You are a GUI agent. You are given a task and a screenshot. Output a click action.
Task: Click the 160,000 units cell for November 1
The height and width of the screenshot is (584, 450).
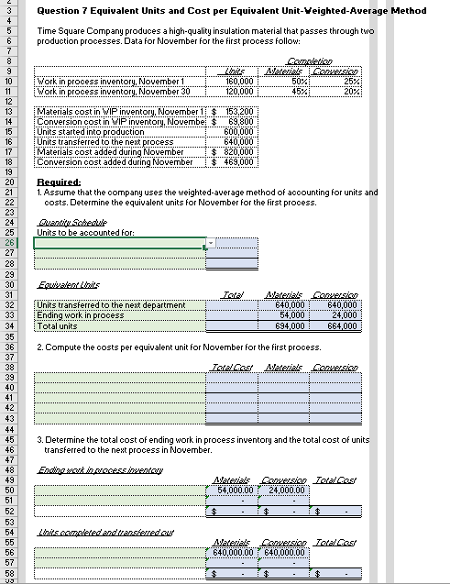click(239, 81)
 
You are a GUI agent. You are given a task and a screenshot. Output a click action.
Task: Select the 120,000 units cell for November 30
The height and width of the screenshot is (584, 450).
click(239, 91)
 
